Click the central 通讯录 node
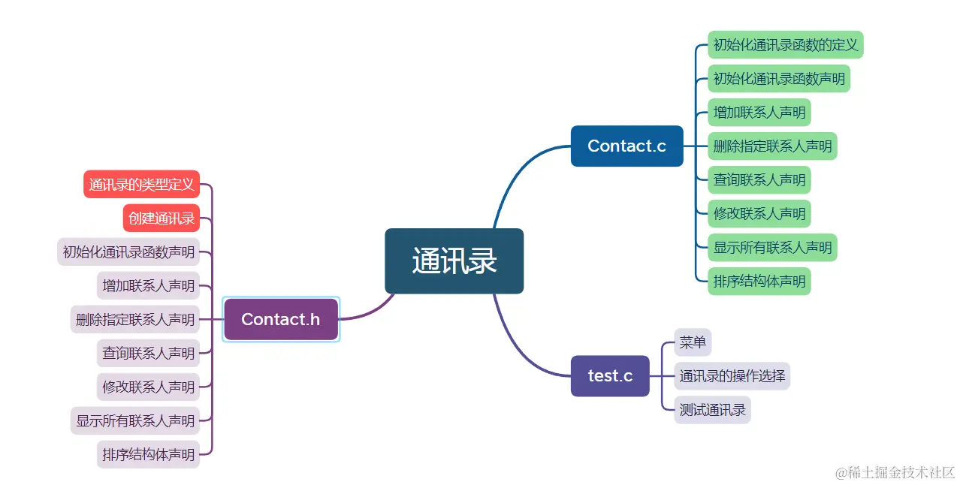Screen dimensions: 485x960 454,261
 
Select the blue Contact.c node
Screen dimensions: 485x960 626,146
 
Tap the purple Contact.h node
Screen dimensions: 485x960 281,319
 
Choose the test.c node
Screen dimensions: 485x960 609,375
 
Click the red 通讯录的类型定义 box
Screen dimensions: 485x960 141,184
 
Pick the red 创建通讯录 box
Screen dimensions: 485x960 161,218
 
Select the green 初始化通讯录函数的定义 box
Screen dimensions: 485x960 785,44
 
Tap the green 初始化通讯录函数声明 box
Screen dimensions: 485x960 778,78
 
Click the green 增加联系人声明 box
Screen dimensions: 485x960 759,112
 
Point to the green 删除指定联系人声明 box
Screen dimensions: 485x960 772,146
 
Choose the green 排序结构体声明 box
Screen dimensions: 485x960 759,281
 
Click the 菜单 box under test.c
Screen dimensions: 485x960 693,342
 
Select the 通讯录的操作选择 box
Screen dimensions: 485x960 732,375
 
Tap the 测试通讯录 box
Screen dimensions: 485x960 712,410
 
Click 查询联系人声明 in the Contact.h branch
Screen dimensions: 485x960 148,353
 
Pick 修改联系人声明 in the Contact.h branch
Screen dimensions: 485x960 148,387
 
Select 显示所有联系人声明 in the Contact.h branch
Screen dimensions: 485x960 135,420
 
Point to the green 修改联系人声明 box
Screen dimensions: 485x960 759,213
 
